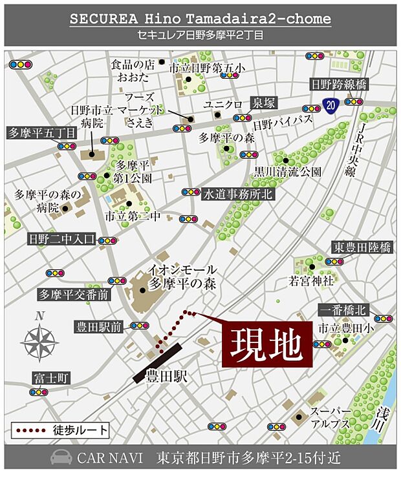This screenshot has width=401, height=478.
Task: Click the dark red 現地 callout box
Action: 267,346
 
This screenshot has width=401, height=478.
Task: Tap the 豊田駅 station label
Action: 166,375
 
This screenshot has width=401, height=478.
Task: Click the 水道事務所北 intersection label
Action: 238,192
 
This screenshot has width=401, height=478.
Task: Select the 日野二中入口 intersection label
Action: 61,239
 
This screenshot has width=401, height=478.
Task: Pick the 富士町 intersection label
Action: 50,377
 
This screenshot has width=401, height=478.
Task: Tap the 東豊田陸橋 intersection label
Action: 362,247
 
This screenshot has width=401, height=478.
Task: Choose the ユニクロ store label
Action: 222,104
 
